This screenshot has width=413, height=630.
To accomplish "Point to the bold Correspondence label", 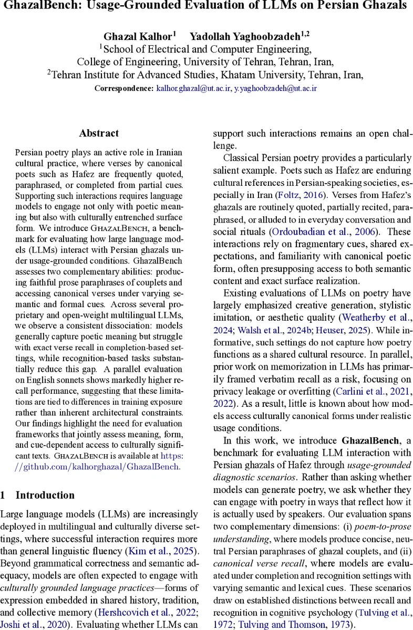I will (x=124, y=88).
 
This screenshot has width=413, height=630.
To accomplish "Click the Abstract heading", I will (x=99, y=133).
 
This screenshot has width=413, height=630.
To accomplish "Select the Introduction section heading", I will (x=45, y=495).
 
